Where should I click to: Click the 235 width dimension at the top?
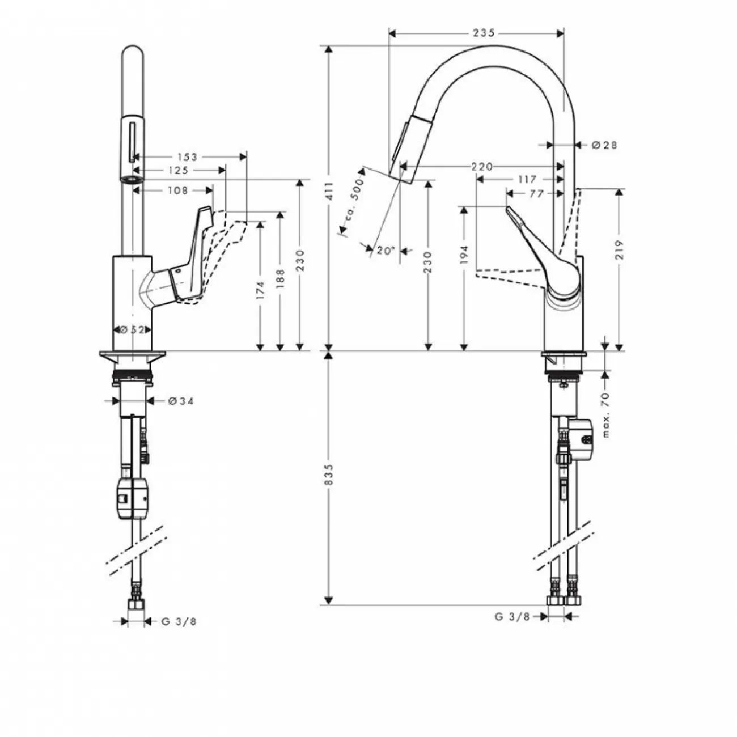point(484,33)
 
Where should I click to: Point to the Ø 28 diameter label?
point(604,145)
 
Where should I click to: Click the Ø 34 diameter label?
point(181,401)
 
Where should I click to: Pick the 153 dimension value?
point(188,157)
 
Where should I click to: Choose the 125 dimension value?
point(179,170)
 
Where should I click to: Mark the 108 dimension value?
point(178,190)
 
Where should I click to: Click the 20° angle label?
point(386,251)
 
